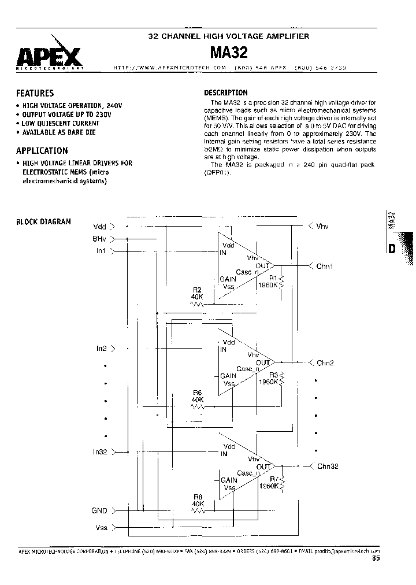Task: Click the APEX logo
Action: [x=50, y=57]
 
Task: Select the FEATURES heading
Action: [x=35, y=93]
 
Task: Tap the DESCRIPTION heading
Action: [x=226, y=92]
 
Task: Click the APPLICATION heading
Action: [x=42, y=151]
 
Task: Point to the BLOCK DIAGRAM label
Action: [x=43, y=222]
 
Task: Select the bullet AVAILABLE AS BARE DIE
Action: [x=59, y=132]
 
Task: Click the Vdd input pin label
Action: [x=99, y=226]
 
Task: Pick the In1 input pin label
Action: [x=101, y=250]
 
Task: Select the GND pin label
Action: [x=99, y=511]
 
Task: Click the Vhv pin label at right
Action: [x=322, y=226]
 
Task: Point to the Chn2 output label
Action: [x=325, y=363]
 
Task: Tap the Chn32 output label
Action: [x=327, y=466]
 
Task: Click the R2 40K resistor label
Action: [x=197, y=293]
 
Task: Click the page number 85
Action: [x=377, y=558]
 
